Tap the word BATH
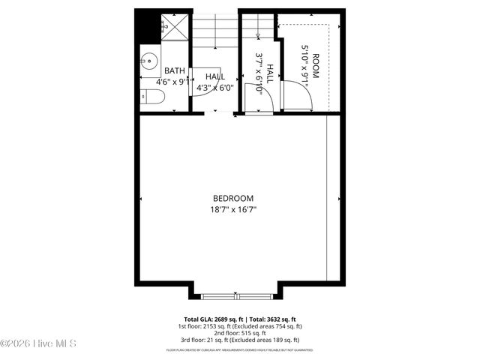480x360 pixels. pyautogui.click(x=175, y=70)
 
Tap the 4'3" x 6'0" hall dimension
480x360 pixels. pyautogui.click(x=215, y=87)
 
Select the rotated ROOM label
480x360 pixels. pyautogui.click(x=316, y=66)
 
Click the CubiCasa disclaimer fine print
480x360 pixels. pyautogui.click(x=240, y=350)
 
